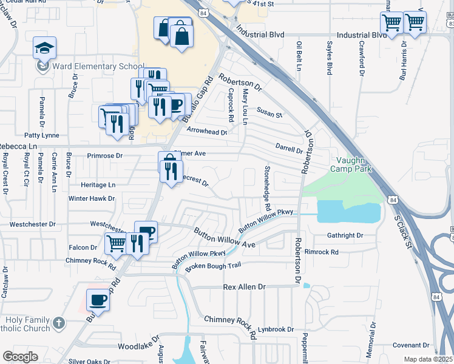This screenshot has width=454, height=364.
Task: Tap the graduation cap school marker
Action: pyautogui.click(x=44, y=48)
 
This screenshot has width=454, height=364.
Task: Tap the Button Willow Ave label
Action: pyautogui.click(x=224, y=238)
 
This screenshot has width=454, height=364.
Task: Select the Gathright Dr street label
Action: pyautogui.click(x=344, y=235)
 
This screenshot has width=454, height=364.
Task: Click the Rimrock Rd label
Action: pyautogui.click(x=322, y=252)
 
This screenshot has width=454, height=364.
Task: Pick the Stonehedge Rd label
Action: pyautogui.click(x=266, y=185)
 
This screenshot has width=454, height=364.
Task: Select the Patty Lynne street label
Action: pyautogui.click(x=41, y=135)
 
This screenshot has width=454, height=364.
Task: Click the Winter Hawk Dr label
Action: pyautogui.click(x=91, y=198)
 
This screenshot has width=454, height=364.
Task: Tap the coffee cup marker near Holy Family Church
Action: pyautogui.click(x=98, y=300)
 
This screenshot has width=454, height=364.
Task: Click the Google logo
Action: pyautogui.click(x=20, y=357)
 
